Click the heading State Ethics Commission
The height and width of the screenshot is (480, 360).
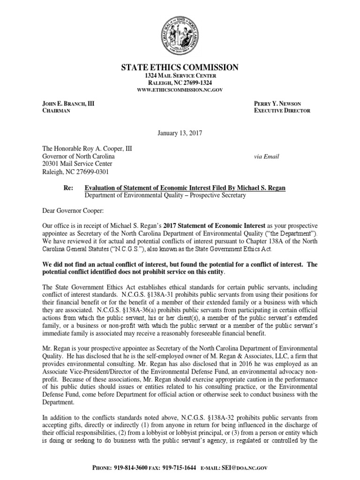pos(180,67)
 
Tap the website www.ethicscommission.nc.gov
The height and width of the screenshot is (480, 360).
pos(180,90)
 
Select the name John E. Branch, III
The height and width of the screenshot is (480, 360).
pos(67,103)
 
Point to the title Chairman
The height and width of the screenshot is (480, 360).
pos(54,111)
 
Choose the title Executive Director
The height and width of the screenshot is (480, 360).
pos(282,111)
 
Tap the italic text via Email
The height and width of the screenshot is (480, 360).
pos(266,157)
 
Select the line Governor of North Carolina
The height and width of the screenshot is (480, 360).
pos(82,156)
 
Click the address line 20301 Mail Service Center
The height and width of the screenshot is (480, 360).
pos(77,164)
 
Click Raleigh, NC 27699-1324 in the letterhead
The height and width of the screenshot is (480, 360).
pos(180,83)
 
